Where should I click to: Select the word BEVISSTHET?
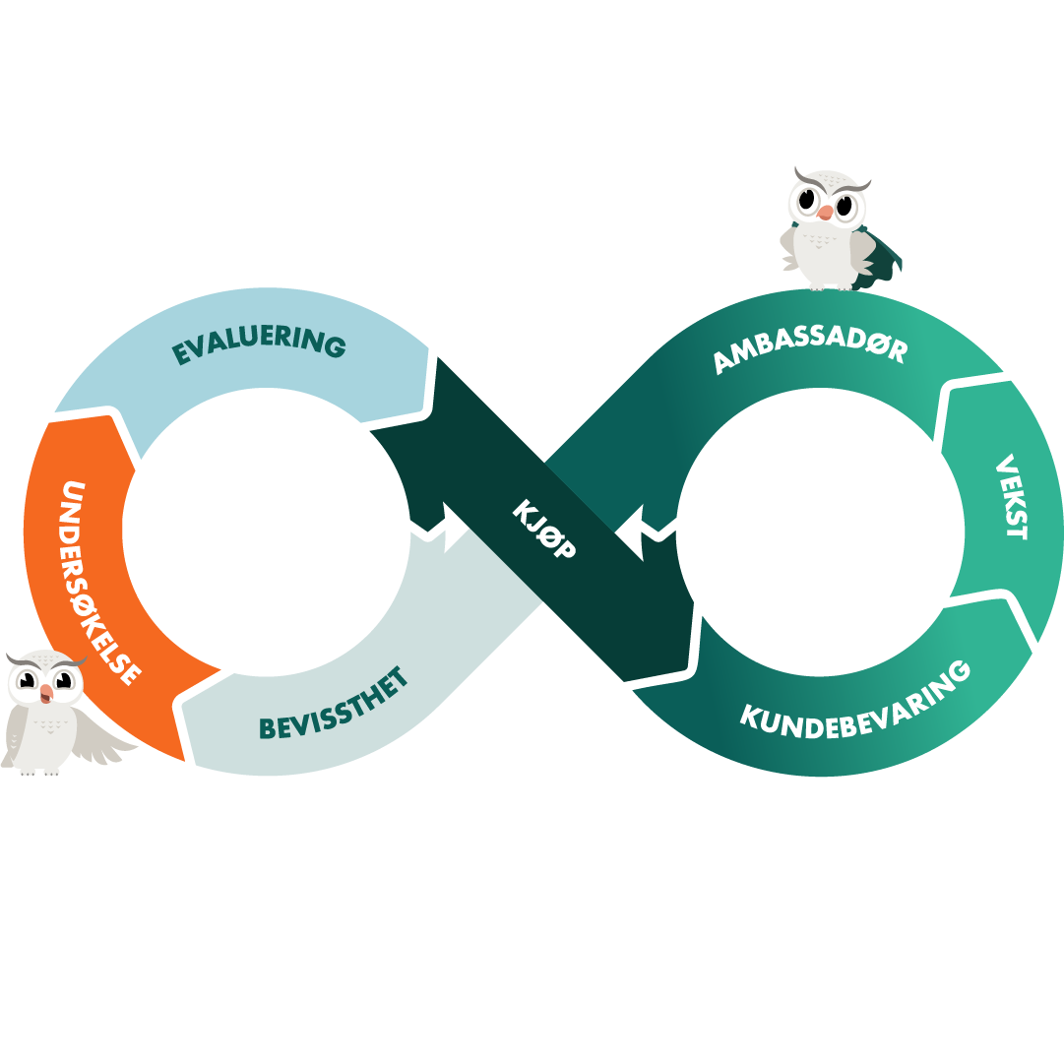[x=335, y=708]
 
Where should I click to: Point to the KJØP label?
[x=543, y=530]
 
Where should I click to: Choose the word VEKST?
[x=1011, y=496]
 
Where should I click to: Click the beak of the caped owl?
[x=825, y=211]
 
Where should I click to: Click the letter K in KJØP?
[x=523, y=510]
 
